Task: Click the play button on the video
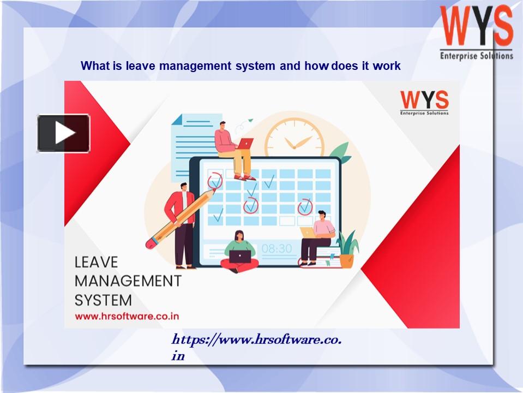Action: click(x=63, y=133)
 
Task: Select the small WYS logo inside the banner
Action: click(x=424, y=103)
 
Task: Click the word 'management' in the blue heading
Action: click(x=195, y=66)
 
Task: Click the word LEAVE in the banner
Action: click(x=96, y=262)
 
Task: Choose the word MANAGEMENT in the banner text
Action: click(x=128, y=281)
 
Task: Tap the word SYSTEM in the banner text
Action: click(x=104, y=300)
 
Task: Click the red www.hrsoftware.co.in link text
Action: click(x=127, y=316)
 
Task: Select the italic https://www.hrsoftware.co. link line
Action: click(x=256, y=340)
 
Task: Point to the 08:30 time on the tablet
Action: click(x=276, y=248)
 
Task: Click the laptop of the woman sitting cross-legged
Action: click(x=240, y=257)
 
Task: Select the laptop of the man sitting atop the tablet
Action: click(x=245, y=144)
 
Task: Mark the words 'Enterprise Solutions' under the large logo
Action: click(x=476, y=56)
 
